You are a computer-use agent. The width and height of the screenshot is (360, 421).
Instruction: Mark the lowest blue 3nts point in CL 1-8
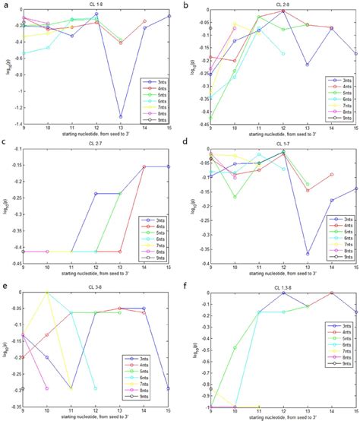click(121, 116)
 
